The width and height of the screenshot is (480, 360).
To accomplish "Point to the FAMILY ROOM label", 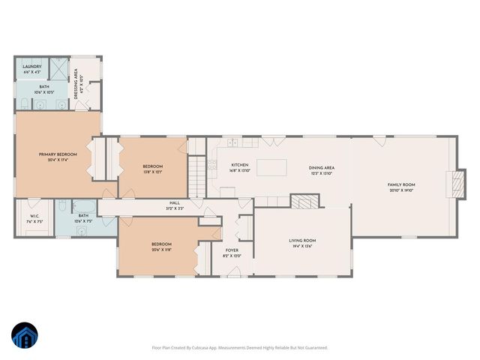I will [401, 184].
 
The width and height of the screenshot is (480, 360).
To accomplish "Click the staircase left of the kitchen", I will [196, 178].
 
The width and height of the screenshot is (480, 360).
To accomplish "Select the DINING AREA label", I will [321, 168].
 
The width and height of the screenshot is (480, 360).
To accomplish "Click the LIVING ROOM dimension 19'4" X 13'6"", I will [302, 245].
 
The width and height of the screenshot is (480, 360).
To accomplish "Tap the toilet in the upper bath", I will [25, 103].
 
